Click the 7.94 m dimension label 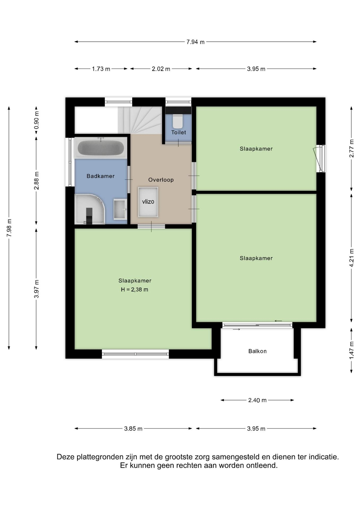click(x=195, y=42)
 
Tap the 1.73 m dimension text click(x=101, y=69)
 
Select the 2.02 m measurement click(x=161, y=69)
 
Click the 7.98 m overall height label click(x=9, y=228)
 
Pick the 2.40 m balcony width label click(x=257, y=400)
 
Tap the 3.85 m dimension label click(x=133, y=429)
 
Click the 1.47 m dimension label click(x=352, y=350)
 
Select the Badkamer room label click(x=100, y=176)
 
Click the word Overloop click(x=161, y=180)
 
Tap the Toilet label click(x=178, y=132)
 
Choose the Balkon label click(x=257, y=351)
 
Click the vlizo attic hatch click(x=148, y=202)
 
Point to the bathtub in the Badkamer click(x=101, y=148)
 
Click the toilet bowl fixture click(x=178, y=121)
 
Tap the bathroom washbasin click(x=120, y=209)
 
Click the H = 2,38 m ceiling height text click(x=135, y=290)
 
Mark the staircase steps click(x=140, y=120)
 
